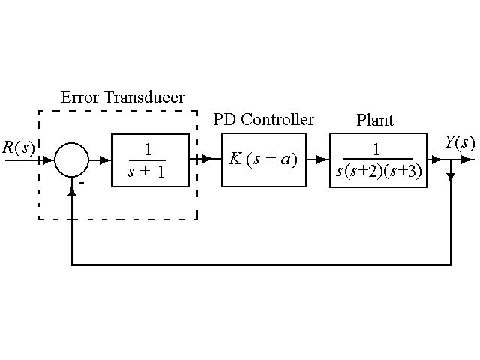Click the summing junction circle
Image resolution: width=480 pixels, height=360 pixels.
[x=72, y=160]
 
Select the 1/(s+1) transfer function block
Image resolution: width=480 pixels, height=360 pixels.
[x=149, y=160]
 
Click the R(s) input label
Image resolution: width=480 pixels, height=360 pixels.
[x=18, y=147]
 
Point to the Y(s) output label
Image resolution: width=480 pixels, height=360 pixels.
[x=459, y=143]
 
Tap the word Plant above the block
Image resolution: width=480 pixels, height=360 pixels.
[x=374, y=120]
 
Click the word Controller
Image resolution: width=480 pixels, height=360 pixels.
[x=277, y=120]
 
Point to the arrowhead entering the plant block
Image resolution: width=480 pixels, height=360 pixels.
[x=323, y=160]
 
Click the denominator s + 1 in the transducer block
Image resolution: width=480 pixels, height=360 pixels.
[x=148, y=172]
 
